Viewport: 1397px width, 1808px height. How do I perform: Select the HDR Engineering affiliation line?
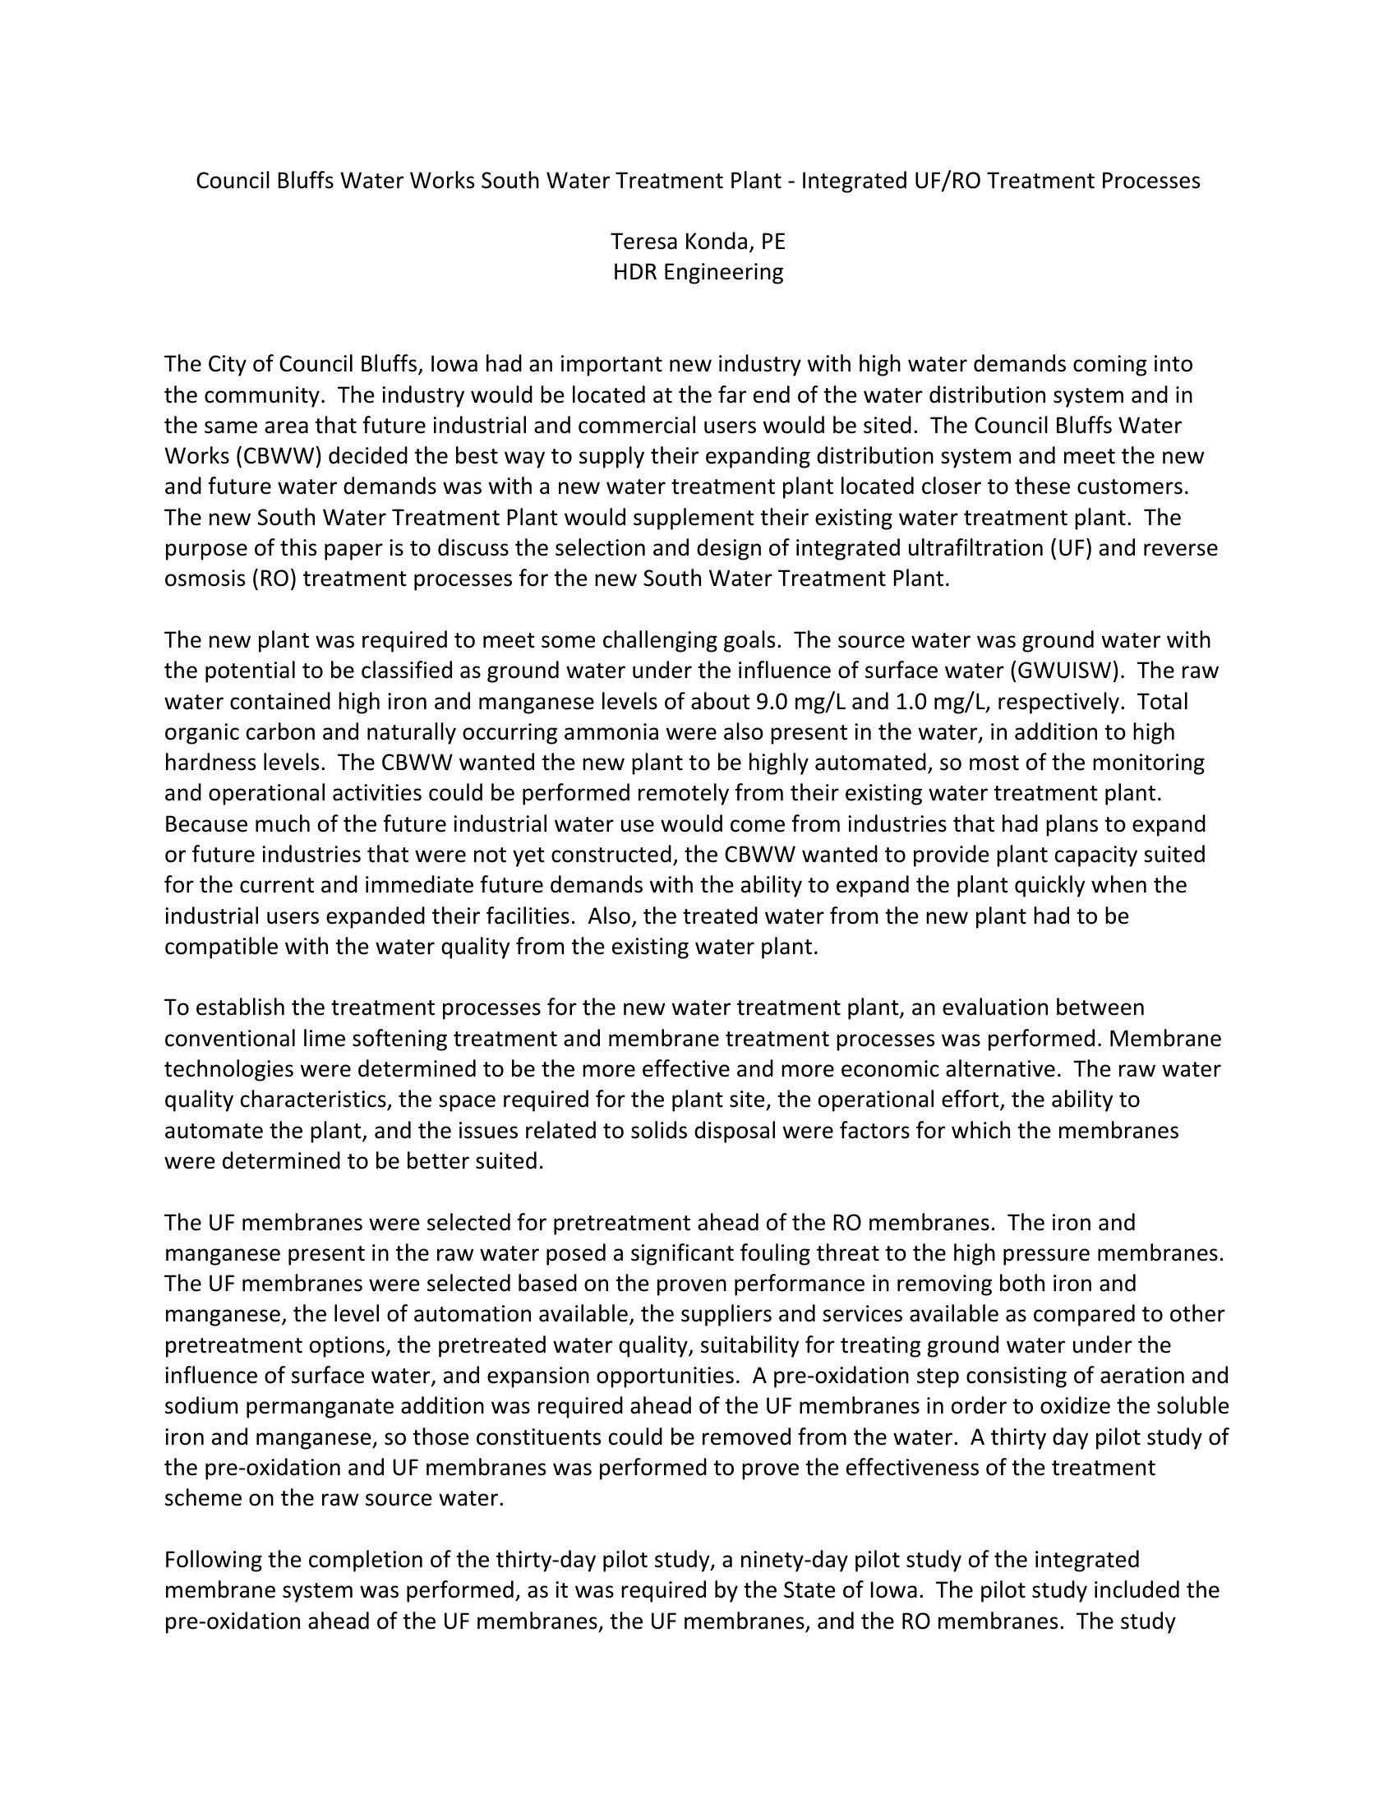tap(698, 271)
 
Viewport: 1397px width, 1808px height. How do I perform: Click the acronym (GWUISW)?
tap(1098, 671)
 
